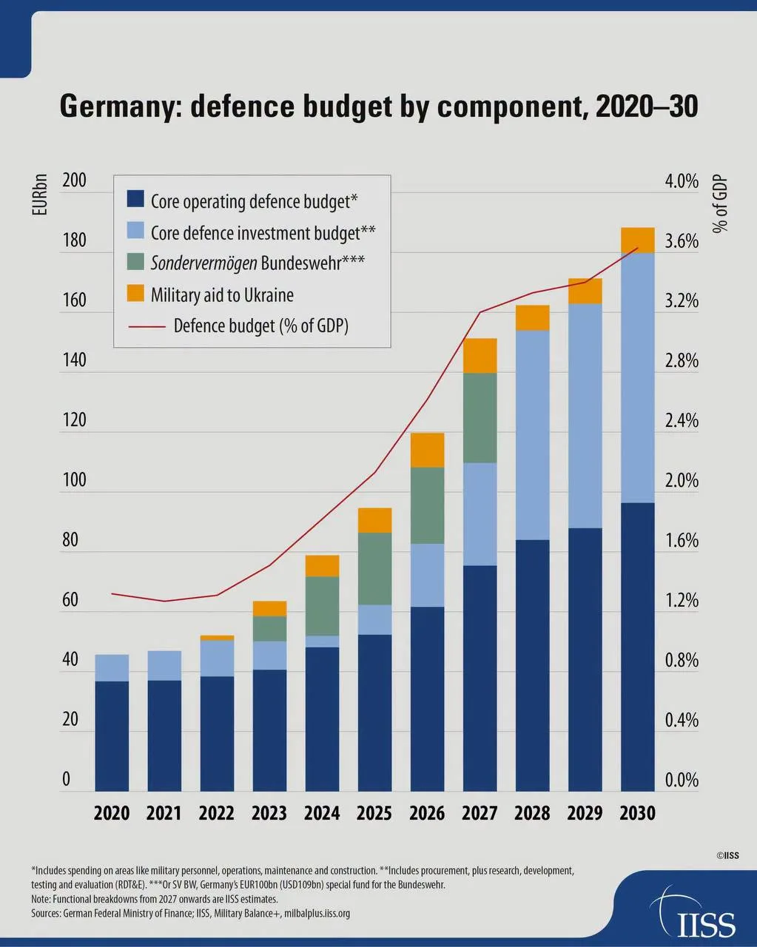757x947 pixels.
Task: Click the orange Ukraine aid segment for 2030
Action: [x=637, y=240]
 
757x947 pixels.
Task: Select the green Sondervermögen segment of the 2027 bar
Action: [x=480, y=417]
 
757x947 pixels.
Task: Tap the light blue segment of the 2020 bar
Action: [x=112, y=667]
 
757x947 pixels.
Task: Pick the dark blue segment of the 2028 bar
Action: [x=533, y=665]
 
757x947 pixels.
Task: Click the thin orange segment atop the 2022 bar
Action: [x=217, y=638]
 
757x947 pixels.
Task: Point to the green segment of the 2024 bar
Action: [x=322, y=606]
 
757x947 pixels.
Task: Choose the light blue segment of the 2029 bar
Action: [x=585, y=416]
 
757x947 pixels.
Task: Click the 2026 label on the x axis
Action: [x=427, y=813]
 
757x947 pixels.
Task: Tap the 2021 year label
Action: [x=164, y=813]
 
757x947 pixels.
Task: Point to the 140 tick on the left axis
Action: [x=75, y=360]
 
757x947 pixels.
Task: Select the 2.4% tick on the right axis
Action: [x=682, y=420]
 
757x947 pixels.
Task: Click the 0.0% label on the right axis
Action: [x=682, y=780]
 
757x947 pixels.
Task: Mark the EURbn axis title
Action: [x=40, y=195]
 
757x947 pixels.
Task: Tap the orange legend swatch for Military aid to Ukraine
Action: [x=135, y=293]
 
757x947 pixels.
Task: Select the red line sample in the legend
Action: [x=147, y=327]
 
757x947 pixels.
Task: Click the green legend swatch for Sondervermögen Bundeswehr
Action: [x=135, y=261]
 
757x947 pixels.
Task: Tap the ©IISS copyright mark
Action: [x=728, y=855]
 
